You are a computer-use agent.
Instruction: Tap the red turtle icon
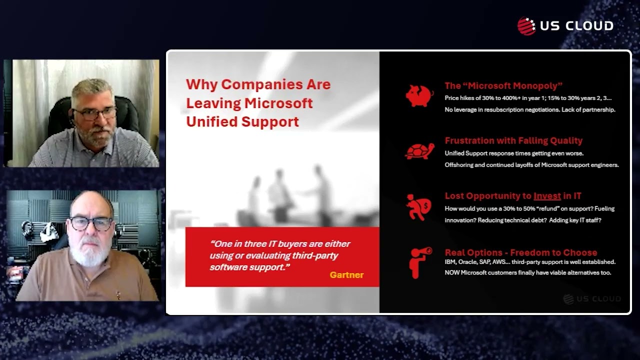419,151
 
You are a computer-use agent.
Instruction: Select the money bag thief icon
419,207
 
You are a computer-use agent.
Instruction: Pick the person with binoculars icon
418,262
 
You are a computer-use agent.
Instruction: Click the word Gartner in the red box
346,274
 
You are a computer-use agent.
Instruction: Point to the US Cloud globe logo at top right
526,26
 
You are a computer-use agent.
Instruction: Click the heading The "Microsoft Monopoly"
503,85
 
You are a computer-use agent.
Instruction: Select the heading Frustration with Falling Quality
513,140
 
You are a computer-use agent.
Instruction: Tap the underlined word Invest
547,196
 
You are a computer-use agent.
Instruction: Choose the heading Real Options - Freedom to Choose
520,252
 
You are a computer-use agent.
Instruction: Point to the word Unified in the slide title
209,121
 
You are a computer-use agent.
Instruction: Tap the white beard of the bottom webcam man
89,255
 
